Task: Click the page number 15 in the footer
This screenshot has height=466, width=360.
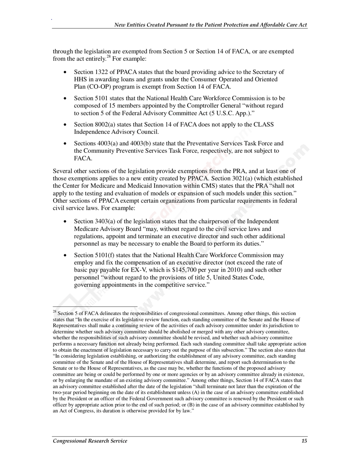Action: click(304, 441)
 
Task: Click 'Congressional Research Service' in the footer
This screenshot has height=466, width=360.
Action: click(90, 441)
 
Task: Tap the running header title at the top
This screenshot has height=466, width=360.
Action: click(211, 25)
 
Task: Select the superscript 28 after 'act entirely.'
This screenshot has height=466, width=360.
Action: click(108, 57)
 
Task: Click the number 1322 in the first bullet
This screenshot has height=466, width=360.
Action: click(101, 72)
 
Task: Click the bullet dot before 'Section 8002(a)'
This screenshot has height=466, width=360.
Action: click(66, 125)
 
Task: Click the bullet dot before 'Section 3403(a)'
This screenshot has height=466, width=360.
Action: click(66, 222)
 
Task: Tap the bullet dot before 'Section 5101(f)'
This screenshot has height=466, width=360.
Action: click(66, 256)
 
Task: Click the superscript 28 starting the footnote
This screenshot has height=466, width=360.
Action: click(55, 312)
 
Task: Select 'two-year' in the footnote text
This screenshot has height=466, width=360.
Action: click(63, 393)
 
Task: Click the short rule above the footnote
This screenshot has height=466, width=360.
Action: click(95, 306)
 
